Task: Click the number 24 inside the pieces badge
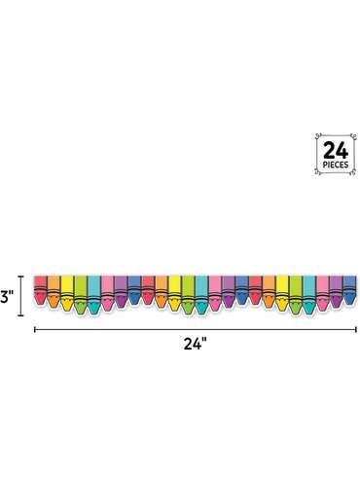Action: click(336, 151)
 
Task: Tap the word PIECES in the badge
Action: click(336, 165)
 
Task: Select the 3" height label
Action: click(6, 296)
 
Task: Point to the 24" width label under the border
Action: click(196, 344)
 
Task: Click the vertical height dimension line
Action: click(21, 295)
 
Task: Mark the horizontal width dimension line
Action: click(196, 330)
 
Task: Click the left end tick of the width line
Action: click(35, 330)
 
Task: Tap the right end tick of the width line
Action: click(356, 330)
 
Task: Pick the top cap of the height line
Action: click(21, 277)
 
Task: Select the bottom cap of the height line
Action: click(21, 315)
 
